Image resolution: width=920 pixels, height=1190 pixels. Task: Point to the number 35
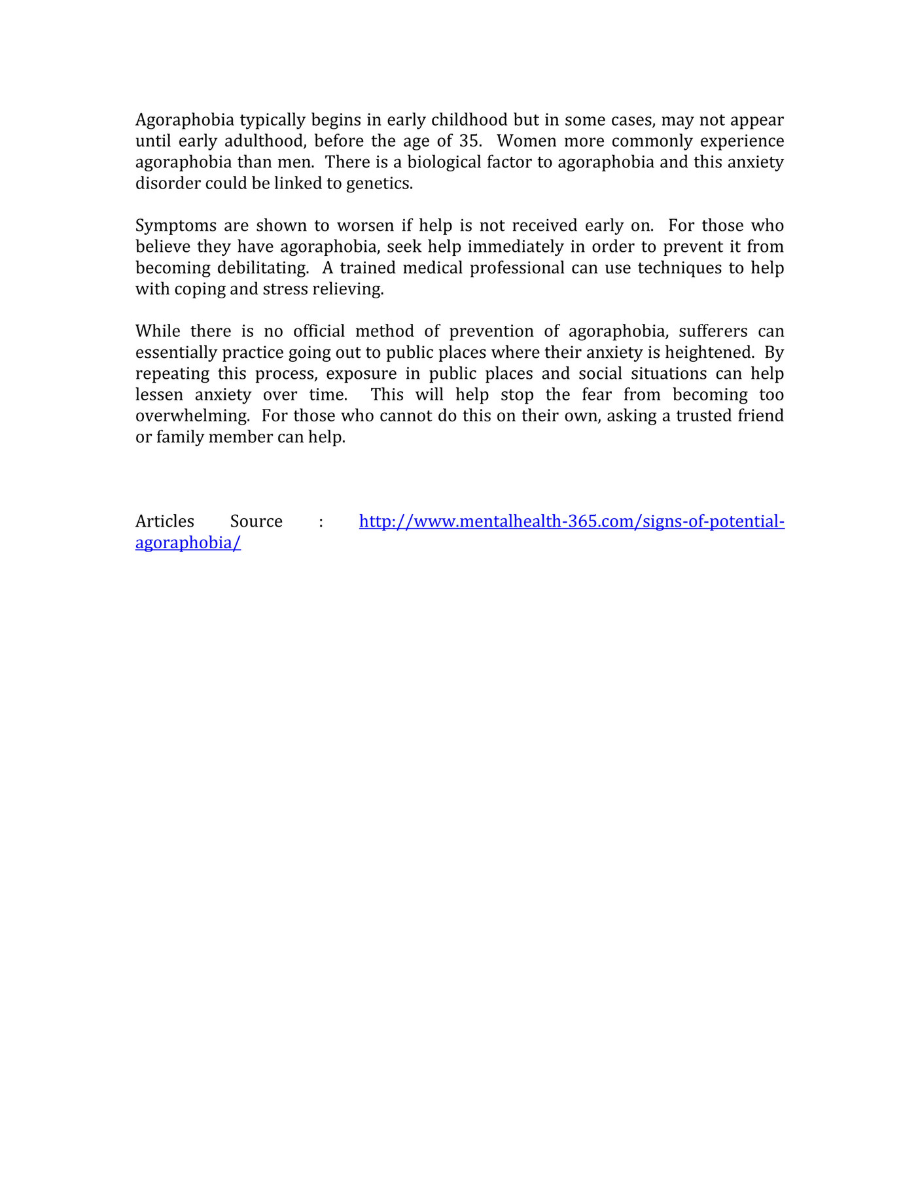tap(469, 141)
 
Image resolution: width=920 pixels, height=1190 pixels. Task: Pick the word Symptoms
tap(175, 226)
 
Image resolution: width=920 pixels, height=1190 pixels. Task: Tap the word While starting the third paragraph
tap(158, 332)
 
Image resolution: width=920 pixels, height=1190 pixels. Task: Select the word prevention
tap(491, 332)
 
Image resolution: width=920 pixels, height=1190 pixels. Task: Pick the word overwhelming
tap(192, 416)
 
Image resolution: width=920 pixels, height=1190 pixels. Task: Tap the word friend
tap(758, 416)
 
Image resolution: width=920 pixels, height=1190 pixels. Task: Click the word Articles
tap(165, 521)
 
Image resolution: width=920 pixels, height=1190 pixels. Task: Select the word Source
tap(257, 521)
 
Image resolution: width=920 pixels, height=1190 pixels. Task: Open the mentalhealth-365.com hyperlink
tap(571, 521)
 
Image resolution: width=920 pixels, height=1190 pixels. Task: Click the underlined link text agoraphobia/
tap(188, 543)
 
